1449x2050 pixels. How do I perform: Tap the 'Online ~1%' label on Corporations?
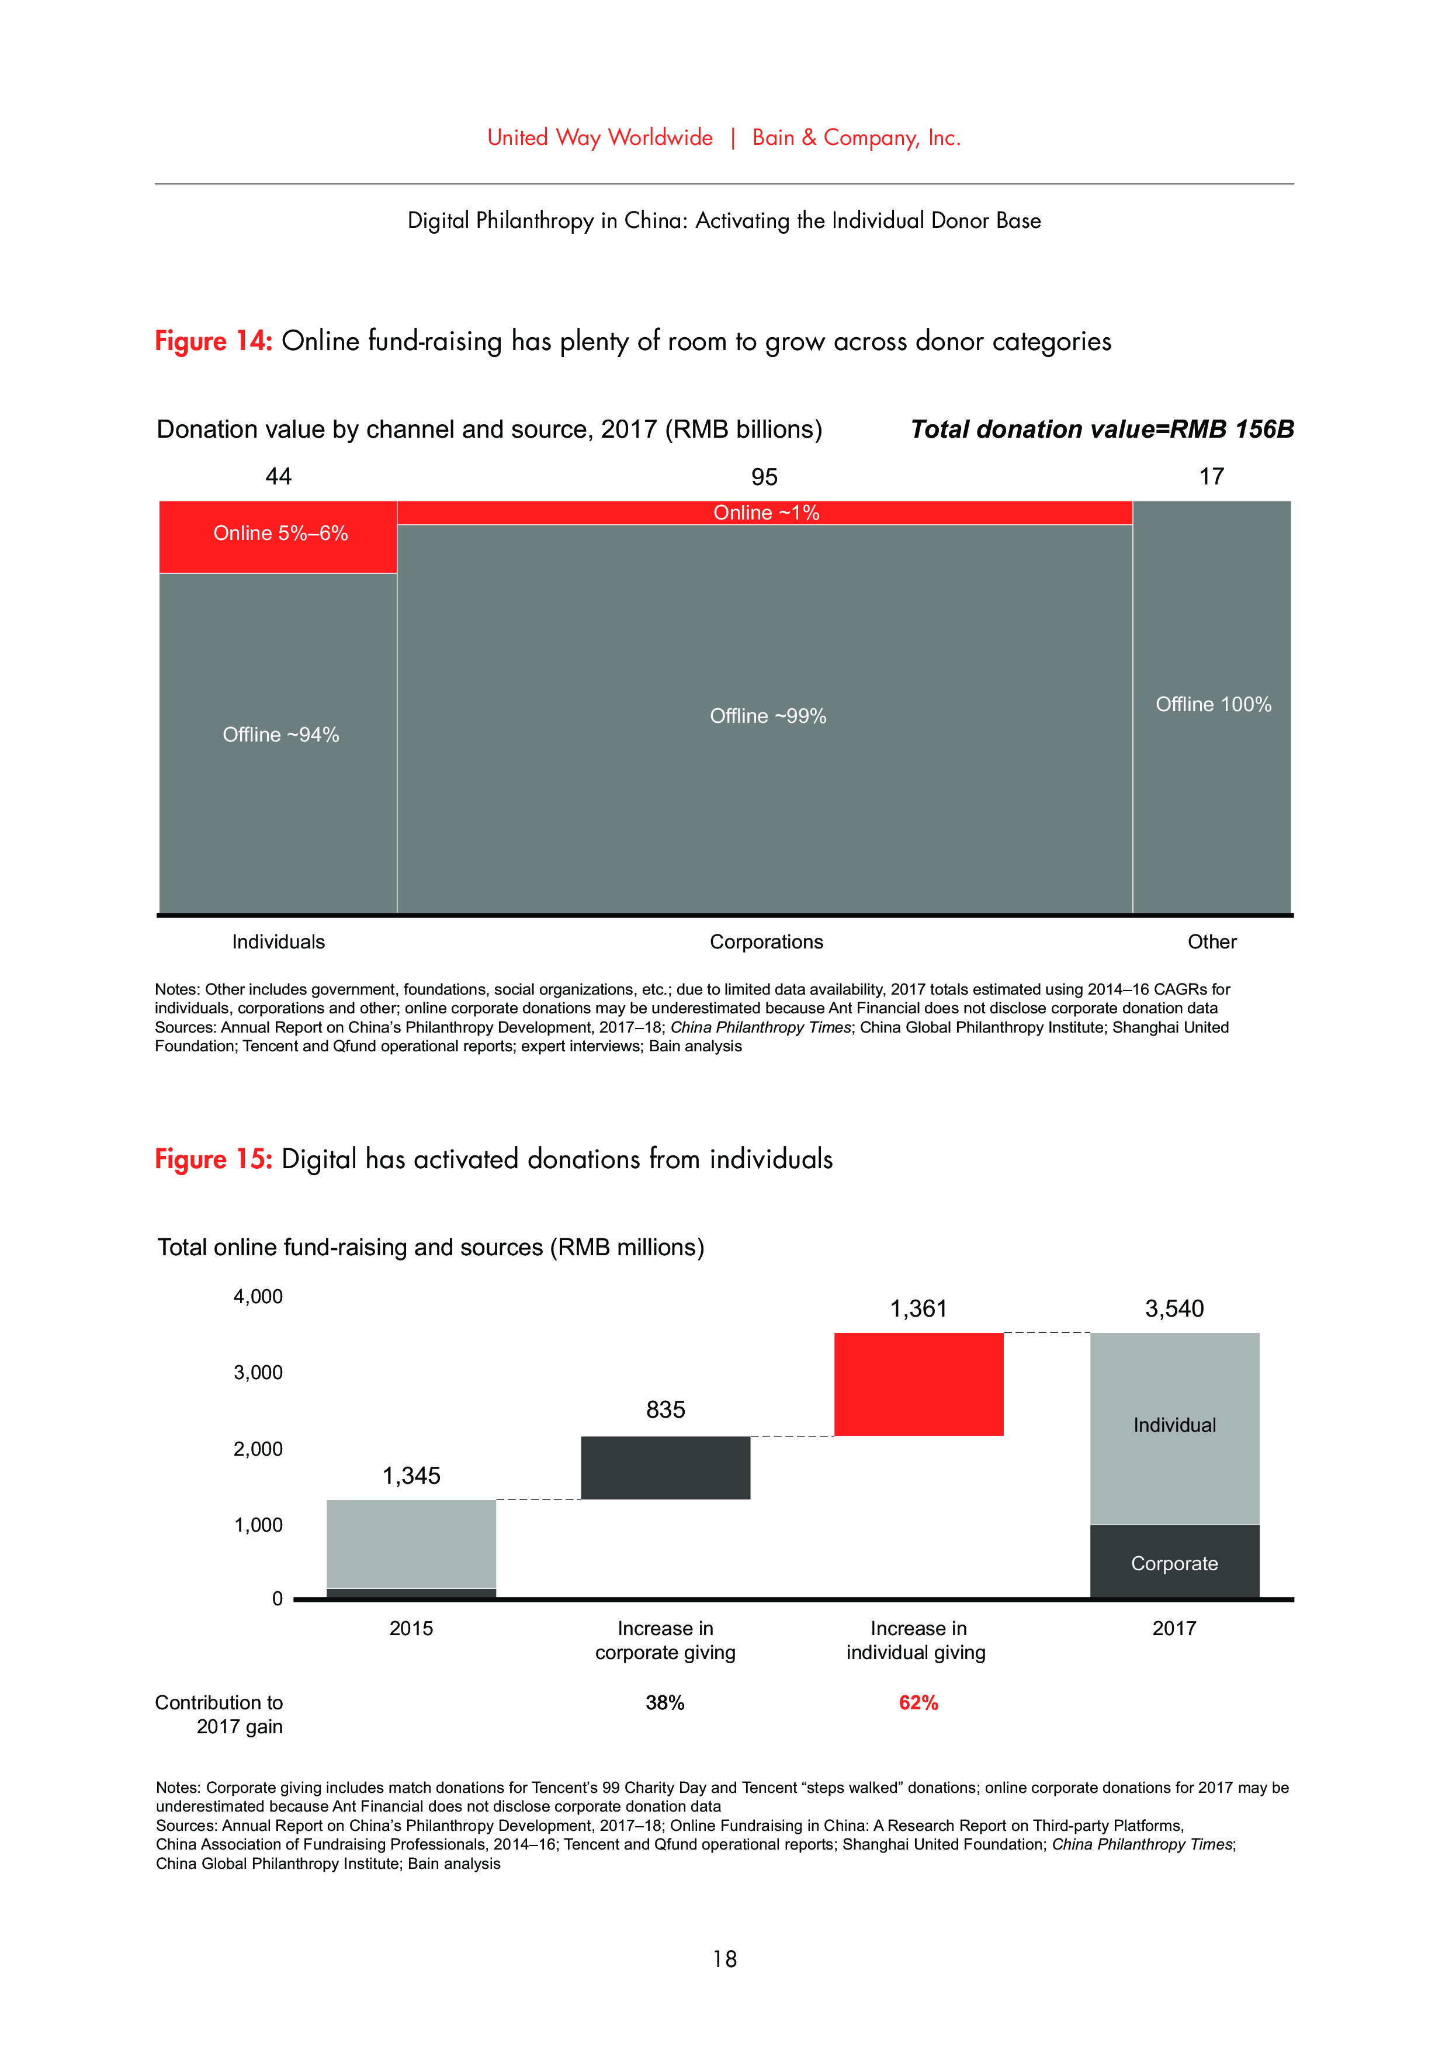coord(765,512)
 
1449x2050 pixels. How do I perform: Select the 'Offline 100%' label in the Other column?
coord(1212,704)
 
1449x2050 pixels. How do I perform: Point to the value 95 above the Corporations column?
coord(764,477)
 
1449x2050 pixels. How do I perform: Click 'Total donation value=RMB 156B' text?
coord(1102,430)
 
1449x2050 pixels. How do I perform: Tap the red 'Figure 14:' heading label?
coord(213,341)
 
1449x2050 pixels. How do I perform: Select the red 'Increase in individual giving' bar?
coord(918,1383)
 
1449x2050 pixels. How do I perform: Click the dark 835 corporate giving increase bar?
coord(665,1467)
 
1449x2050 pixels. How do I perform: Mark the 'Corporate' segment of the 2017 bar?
coord(1174,1563)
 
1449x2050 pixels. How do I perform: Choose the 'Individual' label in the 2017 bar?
coord(1174,1424)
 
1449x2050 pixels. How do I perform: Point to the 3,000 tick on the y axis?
coord(258,1372)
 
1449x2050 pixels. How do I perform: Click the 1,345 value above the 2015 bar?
coord(411,1475)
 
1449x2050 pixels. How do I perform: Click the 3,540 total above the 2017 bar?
coord(1174,1309)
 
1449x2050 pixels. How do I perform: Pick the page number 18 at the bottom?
coord(724,1958)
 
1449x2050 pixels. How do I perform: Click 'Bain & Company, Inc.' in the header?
coord(855,137)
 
